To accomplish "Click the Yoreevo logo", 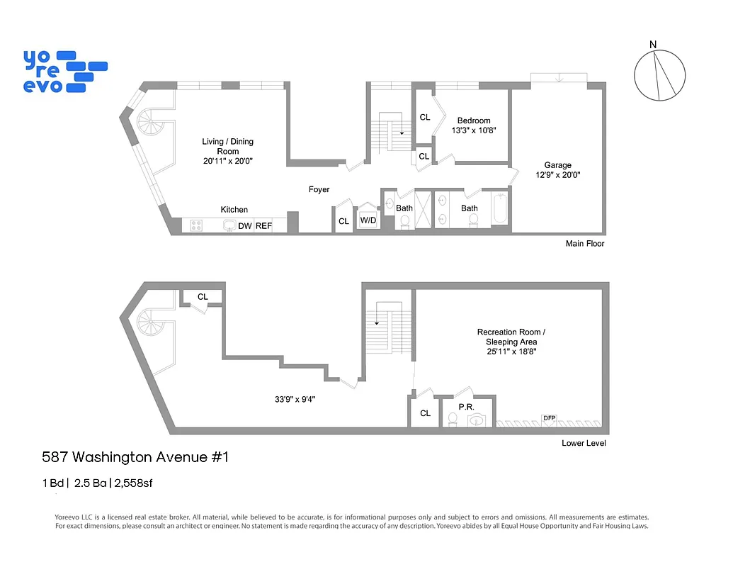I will tap(64, 71).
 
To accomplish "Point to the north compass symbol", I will tap(660, 76).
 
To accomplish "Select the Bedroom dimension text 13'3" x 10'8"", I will tap(474, 130).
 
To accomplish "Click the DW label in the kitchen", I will tap(245, 226).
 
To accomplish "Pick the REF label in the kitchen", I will tap(263, 226).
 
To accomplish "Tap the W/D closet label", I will tap(368, 220).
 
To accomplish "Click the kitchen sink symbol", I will tap(229, 225).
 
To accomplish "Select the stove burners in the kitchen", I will tap(196, 226).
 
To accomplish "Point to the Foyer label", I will tap(319, 189).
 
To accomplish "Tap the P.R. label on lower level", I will tap(466, 407).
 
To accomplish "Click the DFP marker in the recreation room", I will tap(549, 418).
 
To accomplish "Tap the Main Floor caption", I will tap(584, 244).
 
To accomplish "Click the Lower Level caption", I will tap(584, 444).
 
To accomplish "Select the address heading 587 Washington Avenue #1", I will tap(135, 457).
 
